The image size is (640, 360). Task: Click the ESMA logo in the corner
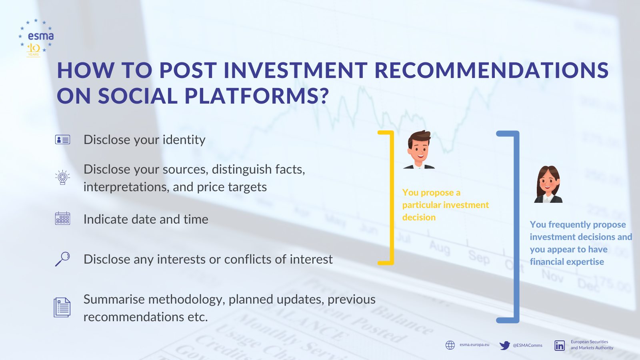point(36,38)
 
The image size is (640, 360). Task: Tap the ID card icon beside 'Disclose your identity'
point(62,140)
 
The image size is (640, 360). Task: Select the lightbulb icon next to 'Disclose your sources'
point(62,178)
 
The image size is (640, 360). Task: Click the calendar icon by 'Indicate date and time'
point(62,218)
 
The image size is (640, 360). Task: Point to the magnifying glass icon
point(62,259)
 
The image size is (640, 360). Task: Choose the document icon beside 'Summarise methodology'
point(62,308)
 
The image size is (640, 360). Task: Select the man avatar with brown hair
point(419,150)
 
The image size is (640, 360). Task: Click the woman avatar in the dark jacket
point(548,184)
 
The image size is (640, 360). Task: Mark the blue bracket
point(516,227)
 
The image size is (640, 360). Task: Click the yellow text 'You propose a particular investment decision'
point(446,205)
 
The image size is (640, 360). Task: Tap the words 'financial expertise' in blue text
point(567,262)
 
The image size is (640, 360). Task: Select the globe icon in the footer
point(450,345)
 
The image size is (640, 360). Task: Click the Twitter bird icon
point(504,345)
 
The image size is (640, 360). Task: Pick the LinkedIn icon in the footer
point(560,346)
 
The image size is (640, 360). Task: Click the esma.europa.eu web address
point(474,344)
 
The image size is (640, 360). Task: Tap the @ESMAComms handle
point(528,345)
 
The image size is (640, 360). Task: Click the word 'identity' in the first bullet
point(184,140)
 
